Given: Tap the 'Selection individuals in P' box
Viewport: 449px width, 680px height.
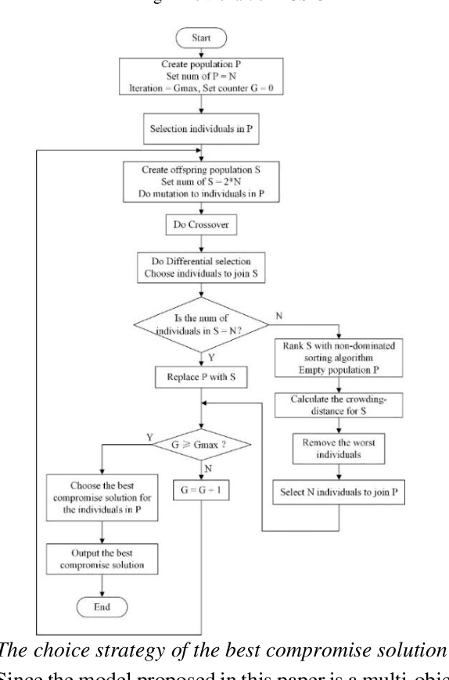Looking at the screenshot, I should [204, 127].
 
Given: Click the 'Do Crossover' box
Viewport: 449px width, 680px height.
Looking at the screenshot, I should [204, 225].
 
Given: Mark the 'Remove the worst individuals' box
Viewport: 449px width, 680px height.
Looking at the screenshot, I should [339, 449].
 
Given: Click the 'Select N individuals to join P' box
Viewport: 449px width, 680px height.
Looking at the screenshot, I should [339, 493].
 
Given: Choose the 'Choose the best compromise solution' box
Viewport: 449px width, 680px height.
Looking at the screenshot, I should [102, 495].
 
